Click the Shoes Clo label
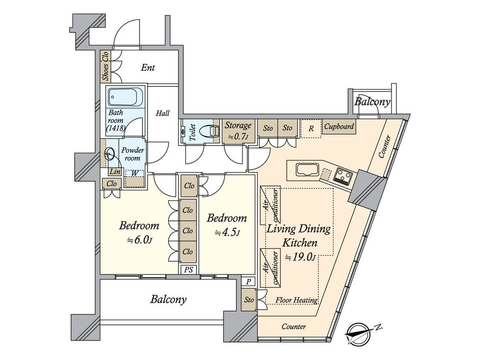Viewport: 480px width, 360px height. coord(105,67)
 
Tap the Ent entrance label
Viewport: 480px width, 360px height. coord(148,68)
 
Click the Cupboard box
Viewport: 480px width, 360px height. coord(339,127)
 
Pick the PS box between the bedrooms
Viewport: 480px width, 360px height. coord(188,269)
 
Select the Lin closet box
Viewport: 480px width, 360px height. coord(114,172)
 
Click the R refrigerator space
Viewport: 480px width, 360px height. coord(311,129)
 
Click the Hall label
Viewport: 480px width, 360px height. coord(162,114)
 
